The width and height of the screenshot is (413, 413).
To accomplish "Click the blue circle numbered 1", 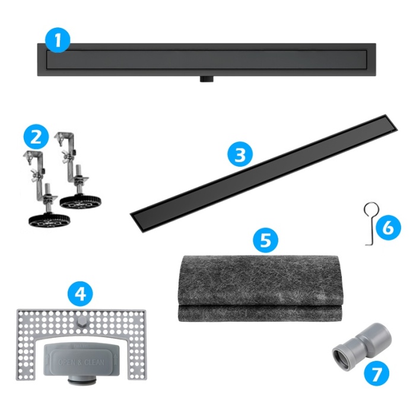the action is [58, 40].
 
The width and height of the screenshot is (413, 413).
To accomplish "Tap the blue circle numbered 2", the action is [36, 137].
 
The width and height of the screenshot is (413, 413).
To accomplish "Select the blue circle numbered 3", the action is [240, 154].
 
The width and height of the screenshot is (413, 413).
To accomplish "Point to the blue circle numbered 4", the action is [80, 293].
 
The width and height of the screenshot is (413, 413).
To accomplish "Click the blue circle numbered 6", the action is [388, 227].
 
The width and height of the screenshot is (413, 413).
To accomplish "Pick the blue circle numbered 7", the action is [376, 373].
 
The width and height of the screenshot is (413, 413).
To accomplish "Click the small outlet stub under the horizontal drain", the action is [206, 79].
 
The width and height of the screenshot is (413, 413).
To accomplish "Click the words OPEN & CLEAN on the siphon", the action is [81, 362].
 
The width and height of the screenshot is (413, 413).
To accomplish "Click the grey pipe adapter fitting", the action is [362, 343].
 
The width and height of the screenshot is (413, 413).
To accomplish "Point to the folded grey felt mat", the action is [260, 288].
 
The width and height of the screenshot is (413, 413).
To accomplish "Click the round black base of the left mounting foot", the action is [49, 220].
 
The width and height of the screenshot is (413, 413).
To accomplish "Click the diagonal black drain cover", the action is [264, 173].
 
